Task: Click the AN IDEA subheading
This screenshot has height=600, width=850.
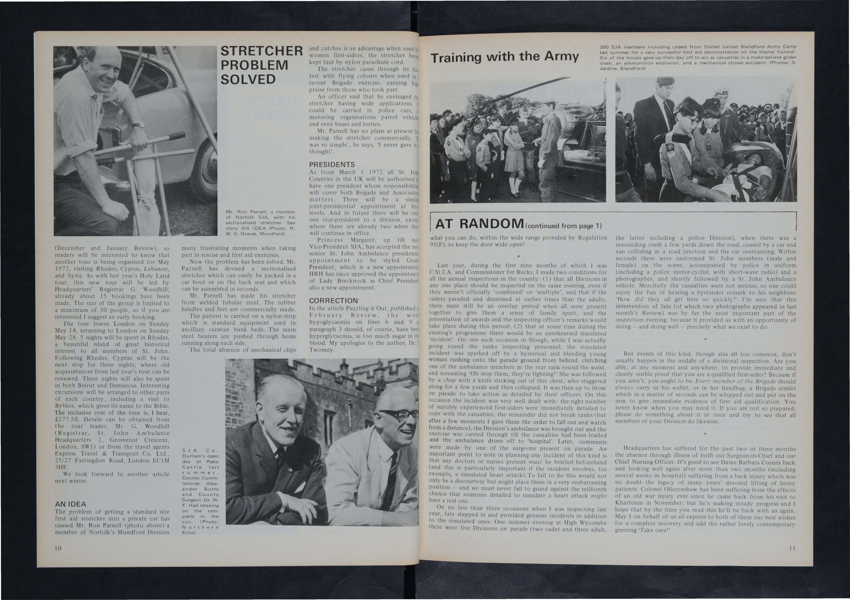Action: [x=70, y=504]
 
